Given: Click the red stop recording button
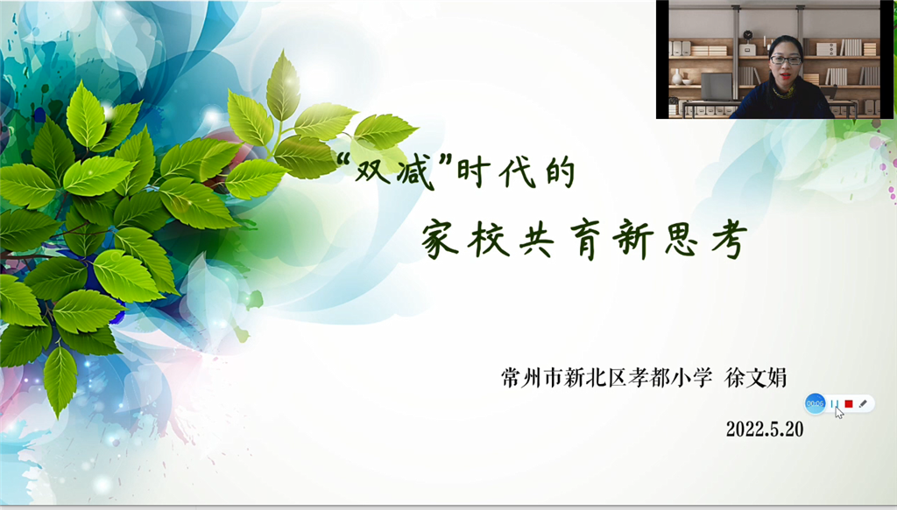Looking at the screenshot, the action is [x=848, y=404].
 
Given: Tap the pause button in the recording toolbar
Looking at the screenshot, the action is [x=835, y=404].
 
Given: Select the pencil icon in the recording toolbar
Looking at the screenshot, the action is [x=863, y=404].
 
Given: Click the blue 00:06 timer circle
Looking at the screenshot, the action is [x=815, y=404].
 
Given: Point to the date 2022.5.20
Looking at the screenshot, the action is [x=764, y=429].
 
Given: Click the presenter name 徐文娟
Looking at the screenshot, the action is [x=755, y=378].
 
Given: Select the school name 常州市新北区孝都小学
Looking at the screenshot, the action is [x=606, y=378].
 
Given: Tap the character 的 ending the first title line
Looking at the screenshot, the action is [x=560, y=172].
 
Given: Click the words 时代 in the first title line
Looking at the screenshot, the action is [x=497, y=172].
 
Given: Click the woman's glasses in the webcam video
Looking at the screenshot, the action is [x=785, y=59].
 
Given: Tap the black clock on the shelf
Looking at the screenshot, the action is [x=747, y=35].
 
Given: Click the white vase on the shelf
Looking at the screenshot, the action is [x=677, y=76].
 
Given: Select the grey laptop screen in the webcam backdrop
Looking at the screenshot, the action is [x=717, y=87].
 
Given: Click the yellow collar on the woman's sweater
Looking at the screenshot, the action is [x=784, y=91].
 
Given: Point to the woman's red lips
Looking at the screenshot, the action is [x=786, y=75].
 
